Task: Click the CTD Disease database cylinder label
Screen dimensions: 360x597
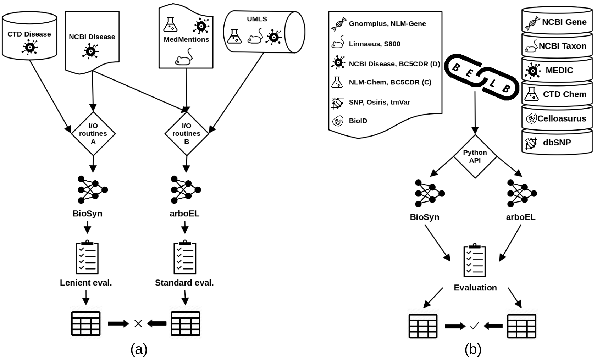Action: pyautogui.click(x=29, y=34)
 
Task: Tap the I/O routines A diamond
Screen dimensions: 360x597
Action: pyautogui.click(x=93, y=134)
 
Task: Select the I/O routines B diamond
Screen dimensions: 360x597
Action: pyautogui.click(x=187, y=134)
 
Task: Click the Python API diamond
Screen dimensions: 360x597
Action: pyautogui.click(x=475, y=156)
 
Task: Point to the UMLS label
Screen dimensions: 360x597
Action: pyautogui.click(x=257, y=19)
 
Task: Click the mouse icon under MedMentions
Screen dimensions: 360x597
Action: pyautogui.click(x=184, y=57)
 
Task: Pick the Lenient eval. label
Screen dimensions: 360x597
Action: pyautogui.click(x=86, y=283)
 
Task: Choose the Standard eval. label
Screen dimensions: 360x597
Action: pyautogui.click(x=184, y=283)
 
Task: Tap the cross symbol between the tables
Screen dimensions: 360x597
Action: pyautogui.click(x=138, y=323)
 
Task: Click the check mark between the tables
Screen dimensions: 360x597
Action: pyautogui.click(x=474, y=326)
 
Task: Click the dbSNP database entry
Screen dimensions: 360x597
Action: pyautogui.click(x=557, y=143)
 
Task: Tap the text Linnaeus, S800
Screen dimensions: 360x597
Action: pyautogui.click(x=375, y=44)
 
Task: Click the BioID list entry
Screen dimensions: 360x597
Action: pyautogui.click(x=358, y=121)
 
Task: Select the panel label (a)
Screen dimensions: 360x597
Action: pyautogui.click(x=139, y=350)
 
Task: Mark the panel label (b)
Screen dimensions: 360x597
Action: pyautogui.click(x=473, y=350)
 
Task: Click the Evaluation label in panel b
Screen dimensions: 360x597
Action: pyautogui.click(x=475, y=288)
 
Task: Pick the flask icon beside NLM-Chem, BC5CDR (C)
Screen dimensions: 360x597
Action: pyautogui.click(x=337, y=82)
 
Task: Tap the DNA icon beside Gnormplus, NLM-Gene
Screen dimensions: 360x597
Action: pyautogui.click(x=339, y=24)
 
